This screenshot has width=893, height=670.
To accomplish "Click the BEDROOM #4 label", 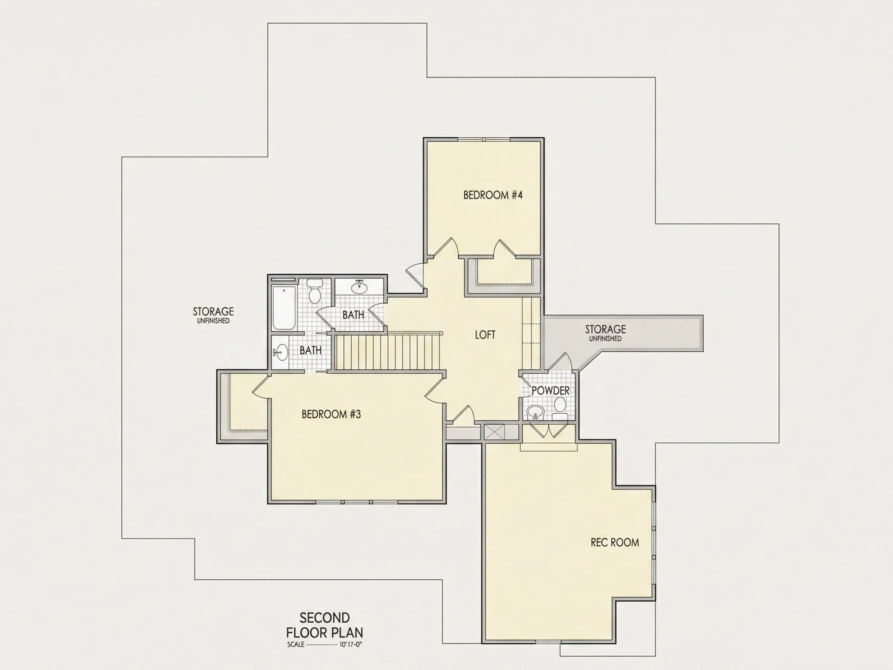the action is click(x=493, y=195).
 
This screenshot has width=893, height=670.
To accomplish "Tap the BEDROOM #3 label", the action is click(x=331, y=414).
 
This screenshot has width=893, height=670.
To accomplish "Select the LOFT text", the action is click(x=485, y=334).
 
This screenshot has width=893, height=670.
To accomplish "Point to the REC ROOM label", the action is click(x=615, y=542).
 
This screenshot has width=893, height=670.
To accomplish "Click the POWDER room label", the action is click(x=551, y=390).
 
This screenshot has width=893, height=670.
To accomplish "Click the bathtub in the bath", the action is click(x=284, y=308).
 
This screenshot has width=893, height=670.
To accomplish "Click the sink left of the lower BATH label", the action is click(x=281, y=352).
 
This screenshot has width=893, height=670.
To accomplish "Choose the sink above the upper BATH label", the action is click(x=359, y=288).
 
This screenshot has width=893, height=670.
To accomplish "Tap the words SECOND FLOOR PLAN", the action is click(x=324, y=625).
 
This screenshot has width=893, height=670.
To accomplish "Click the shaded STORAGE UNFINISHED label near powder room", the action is click(x=605, y=333).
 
